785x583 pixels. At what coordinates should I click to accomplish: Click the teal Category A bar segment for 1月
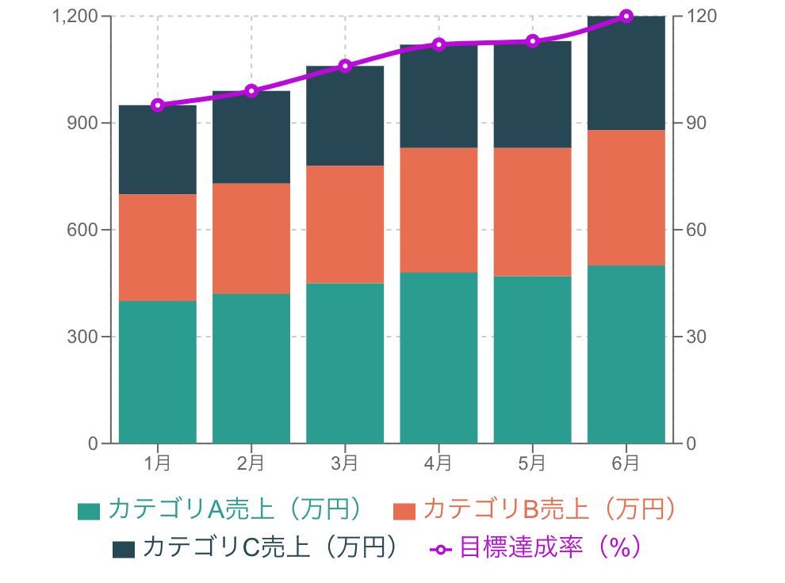(157, 372)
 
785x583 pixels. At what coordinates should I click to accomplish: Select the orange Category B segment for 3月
(345, 224)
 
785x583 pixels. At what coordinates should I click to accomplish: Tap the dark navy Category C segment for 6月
(626, 73)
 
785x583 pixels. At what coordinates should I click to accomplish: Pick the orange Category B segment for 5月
(532, 211)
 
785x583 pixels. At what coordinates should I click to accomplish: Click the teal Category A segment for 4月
(438, 357)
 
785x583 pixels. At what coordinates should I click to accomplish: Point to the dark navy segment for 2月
(251, 137)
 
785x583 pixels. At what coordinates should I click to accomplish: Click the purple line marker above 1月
(157, 105)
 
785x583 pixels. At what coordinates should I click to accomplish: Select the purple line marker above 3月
(345, 66)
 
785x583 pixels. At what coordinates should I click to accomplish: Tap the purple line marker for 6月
(626, 16)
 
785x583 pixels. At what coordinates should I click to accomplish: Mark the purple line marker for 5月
(533, 41)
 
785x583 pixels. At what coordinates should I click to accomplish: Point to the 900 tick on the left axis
(86, 124)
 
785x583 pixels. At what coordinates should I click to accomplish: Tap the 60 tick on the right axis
(695, 231)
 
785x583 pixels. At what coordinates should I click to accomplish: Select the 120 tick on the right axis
(699, 17)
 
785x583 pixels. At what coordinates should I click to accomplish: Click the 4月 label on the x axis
(438, 463)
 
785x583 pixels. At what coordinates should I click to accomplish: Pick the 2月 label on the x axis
(251, 463)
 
